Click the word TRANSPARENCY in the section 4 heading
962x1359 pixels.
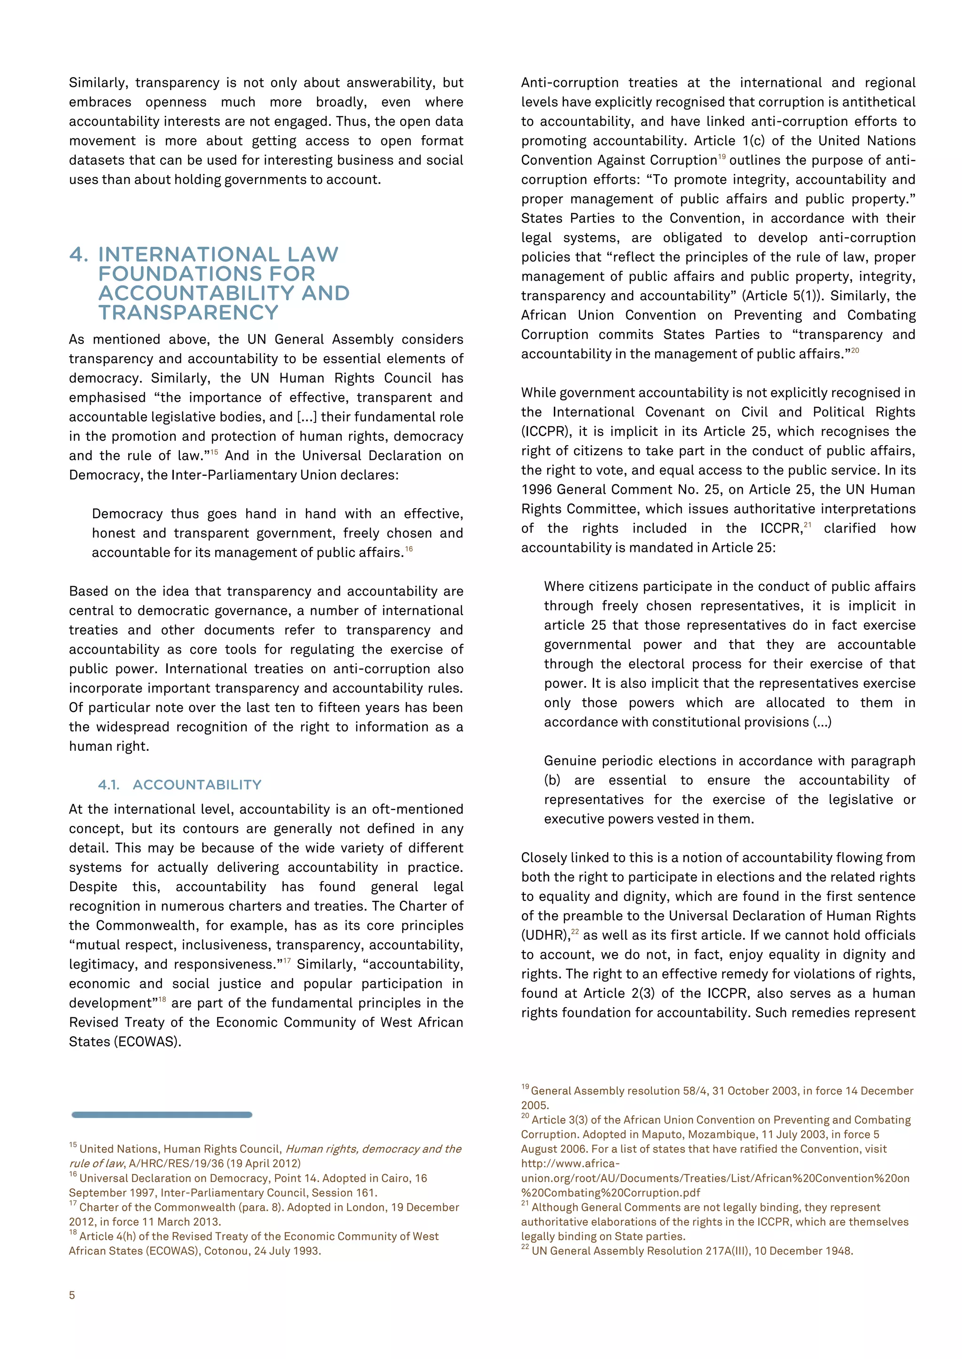pos(188,313)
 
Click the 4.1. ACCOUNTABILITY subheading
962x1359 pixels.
pos(179,785)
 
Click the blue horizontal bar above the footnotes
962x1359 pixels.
pos(162,1115)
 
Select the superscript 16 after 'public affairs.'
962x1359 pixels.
pos(409,550)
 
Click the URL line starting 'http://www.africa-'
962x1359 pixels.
pos(570,1164)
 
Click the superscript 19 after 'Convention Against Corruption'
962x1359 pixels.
pos(721,157)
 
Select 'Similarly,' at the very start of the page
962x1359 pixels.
pos(98,83)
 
